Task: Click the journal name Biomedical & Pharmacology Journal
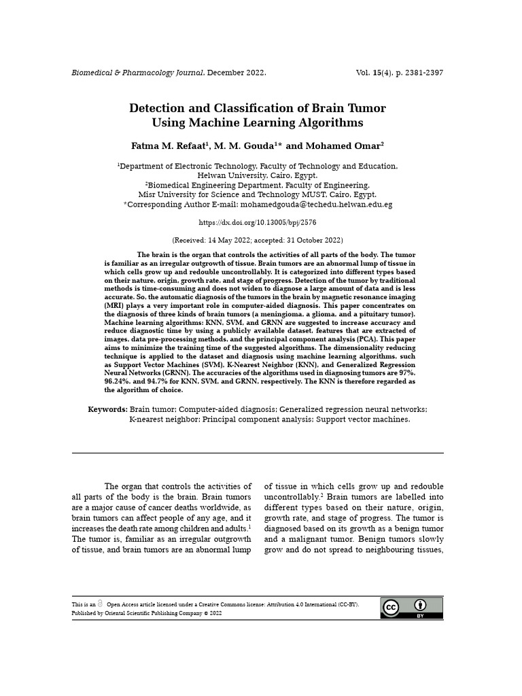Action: (138, 73)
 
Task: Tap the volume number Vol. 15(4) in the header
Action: (379, 73)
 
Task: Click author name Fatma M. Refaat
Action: (169, 146)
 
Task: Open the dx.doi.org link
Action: (257, 222)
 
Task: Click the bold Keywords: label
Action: (107, 409)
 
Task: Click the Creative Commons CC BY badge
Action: (411, 608)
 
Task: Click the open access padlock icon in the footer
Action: (100, 604)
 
